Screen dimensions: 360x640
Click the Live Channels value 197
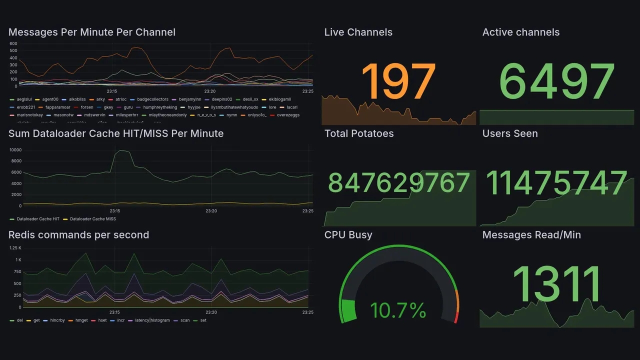click(398, 81)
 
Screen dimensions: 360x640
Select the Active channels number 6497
click(556, 81)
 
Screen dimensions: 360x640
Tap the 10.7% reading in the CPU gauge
click(398, 310)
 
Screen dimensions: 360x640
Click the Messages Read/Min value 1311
click(556, 284)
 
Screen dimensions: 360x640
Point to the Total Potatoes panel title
click(358, 133)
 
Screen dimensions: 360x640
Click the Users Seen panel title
click(509, 133)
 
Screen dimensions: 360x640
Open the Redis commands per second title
click(78, 235)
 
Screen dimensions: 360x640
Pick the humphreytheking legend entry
click(159, 107)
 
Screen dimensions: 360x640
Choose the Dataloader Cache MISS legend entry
click(92, 219)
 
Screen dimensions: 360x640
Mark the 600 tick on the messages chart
click(13, 44)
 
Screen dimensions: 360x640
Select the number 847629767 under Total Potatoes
click(398, 183)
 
